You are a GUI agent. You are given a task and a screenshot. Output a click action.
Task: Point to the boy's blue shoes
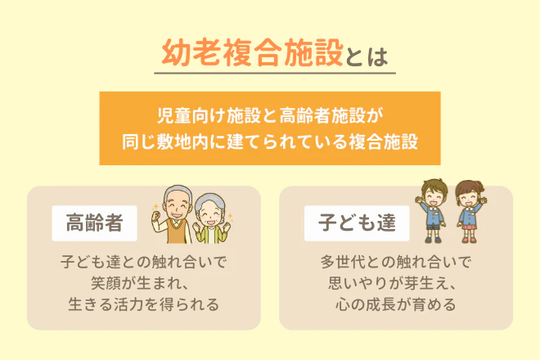[432, 241]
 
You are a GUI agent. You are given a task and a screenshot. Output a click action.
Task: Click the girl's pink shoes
[469, 241]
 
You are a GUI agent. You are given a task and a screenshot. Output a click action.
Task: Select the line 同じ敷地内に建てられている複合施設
[270, 141]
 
